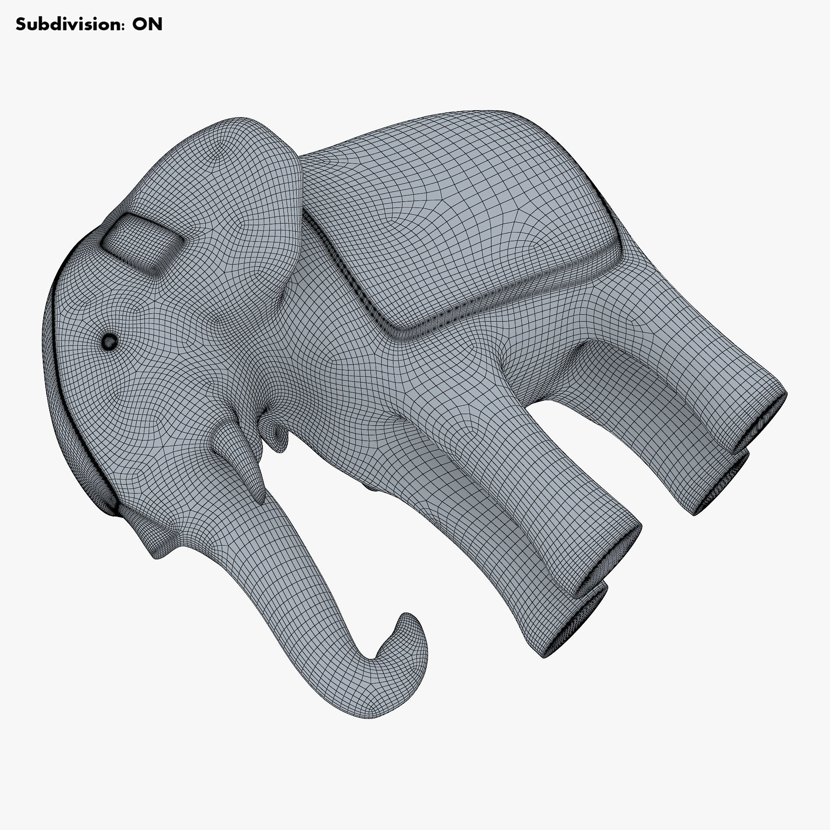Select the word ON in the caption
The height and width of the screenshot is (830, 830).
(147, 25)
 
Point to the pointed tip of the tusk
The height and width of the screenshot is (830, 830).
(261, 501)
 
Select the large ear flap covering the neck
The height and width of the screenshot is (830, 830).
(259, 207)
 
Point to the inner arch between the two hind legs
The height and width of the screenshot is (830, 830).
(605, 359)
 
